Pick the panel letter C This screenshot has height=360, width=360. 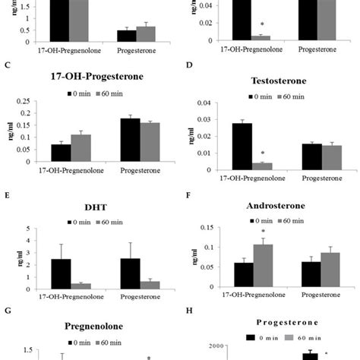[7, 65]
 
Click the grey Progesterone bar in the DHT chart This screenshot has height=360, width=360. [152, 285]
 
